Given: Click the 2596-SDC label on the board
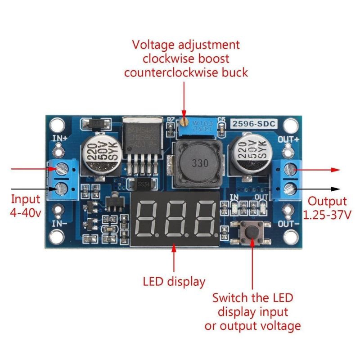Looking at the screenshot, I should (x=254, y=123).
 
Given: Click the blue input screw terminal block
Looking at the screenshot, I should (x=63, y=179).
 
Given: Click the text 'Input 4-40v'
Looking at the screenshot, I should (x=25, y=205).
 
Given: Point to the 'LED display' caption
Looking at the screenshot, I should (x=174, y=282).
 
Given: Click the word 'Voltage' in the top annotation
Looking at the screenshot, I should (x=152, y=45).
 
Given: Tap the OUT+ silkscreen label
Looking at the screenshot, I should (x=288, y=139).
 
